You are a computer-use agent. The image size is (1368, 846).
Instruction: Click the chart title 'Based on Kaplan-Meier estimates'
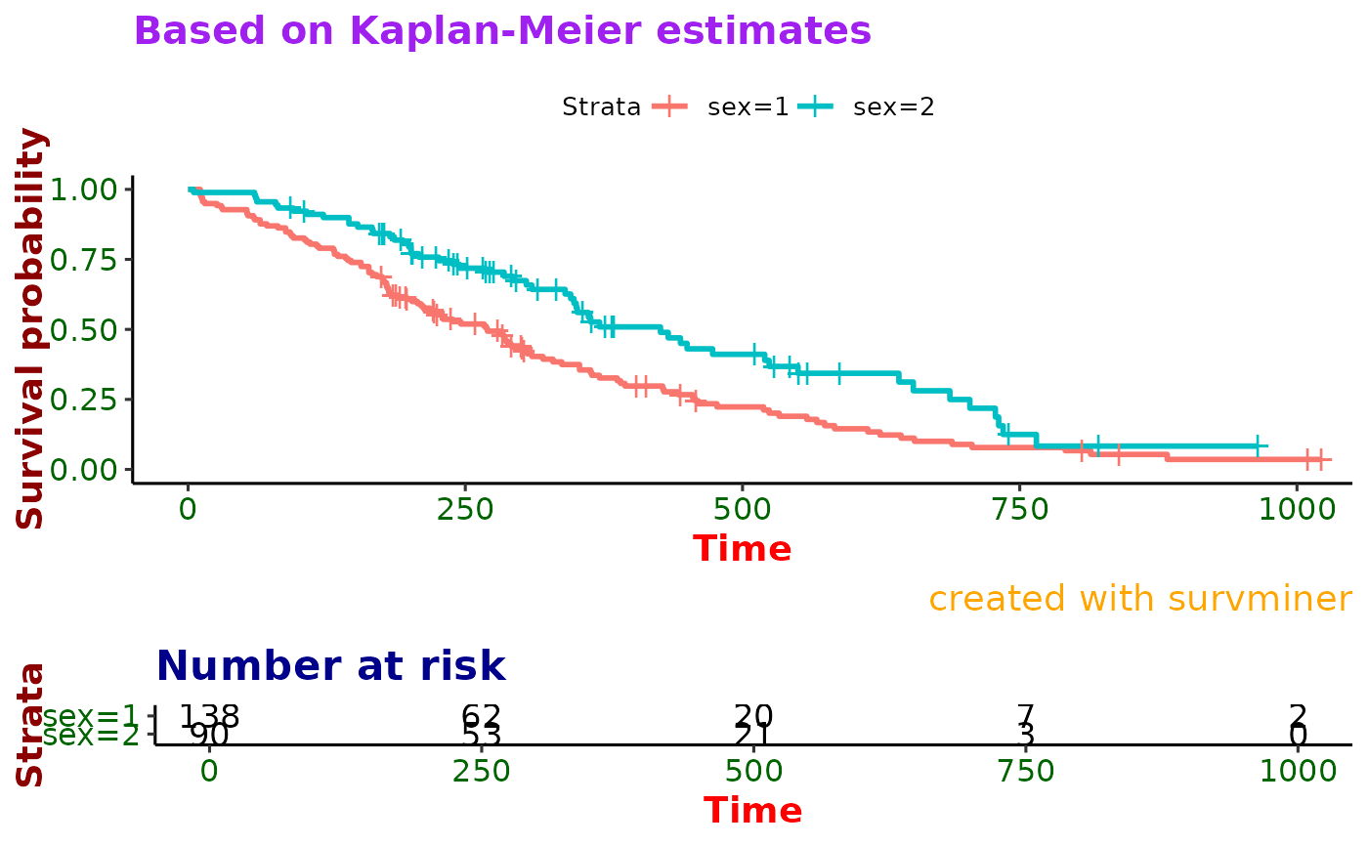[502, 31]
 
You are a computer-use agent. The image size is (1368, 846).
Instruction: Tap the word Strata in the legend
[601, 107]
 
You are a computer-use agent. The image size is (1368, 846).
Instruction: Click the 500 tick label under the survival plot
[742, 509]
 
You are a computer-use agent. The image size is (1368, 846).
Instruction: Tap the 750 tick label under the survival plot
[1019, 509]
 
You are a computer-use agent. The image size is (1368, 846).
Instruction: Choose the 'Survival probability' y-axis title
[31, 328]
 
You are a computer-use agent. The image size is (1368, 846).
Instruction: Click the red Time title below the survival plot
[742, 549]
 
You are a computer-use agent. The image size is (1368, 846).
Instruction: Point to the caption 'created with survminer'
[1139, 599]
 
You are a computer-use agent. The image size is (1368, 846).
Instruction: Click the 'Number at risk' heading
[330, 666]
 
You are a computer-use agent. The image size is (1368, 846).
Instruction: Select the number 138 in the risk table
[209, 716]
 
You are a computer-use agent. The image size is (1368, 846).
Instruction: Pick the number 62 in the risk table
[481, 716]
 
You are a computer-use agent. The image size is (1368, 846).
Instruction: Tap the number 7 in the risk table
[1026, 716]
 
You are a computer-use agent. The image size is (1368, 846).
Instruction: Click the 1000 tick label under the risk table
[1298, 771]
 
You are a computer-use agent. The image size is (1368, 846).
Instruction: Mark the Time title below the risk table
[753, 811]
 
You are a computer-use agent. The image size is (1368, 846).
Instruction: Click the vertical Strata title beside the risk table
[31, 724]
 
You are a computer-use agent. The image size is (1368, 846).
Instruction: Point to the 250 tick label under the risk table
[481, 771]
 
